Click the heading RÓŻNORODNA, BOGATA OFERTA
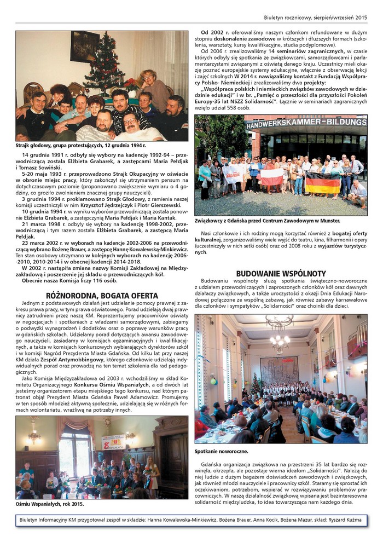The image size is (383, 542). tap(102, 296)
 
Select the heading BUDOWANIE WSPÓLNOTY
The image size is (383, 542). tap(281, 273)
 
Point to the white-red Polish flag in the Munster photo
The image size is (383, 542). tap(271, 176)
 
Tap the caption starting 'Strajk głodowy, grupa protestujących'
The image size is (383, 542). tap(80, 146)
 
